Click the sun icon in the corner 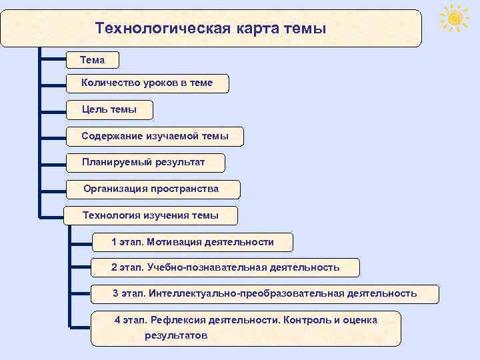point(455,18)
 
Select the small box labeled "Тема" point(93,60)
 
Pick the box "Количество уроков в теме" point(147,83)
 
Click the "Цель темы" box point(109,109)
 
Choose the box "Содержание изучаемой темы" point(155,136)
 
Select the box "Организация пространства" point(151,189)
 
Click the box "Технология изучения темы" point(150,215)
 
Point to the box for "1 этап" point(192,241)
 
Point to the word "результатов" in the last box point(176,335)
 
